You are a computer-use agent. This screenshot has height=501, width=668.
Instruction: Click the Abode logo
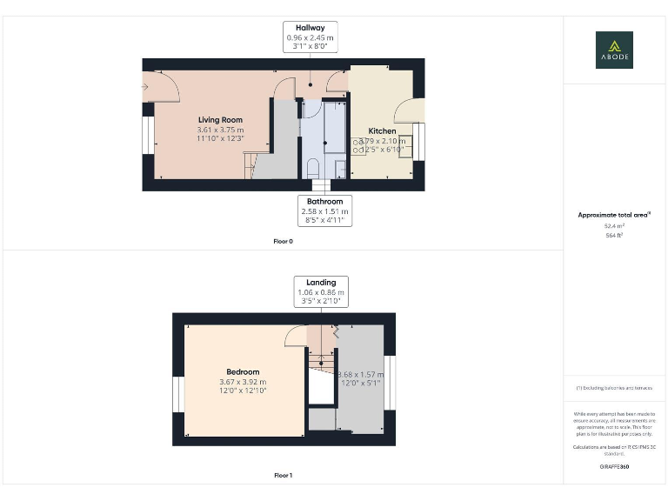click(614, 50)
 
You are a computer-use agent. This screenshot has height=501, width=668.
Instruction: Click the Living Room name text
click(220, 120)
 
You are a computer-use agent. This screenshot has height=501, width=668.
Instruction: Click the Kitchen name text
click(382, 131)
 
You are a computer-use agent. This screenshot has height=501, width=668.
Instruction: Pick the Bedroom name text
click(243, 372)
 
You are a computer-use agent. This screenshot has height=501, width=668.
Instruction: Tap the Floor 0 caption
click(283, 241)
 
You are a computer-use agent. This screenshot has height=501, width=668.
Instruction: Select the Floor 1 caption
click(283, 476)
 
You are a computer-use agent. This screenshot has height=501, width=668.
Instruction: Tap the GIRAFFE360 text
click(614, 467)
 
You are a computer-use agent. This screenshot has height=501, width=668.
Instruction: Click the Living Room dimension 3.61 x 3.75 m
click(220, 130)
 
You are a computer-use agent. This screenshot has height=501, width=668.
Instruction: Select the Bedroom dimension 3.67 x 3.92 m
click(243, 382)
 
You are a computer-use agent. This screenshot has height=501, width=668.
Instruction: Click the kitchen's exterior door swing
click(410, 110)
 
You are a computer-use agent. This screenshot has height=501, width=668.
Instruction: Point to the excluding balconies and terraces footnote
click(614, 387)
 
